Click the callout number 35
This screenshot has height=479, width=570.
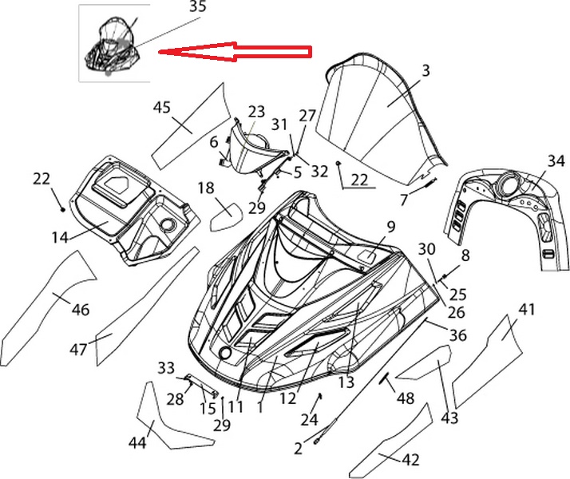point(197,7)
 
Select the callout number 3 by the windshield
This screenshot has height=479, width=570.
point(426,71)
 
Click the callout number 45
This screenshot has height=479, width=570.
point(162,106)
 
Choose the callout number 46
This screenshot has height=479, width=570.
point(81,310)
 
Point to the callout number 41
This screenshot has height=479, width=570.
point(526,310)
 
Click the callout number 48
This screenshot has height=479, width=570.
point(406,397)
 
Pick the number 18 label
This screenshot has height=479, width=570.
point(205,188)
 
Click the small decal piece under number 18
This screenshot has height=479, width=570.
point(226,214)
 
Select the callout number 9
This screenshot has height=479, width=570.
point(391,227)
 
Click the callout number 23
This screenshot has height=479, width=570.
point(255,111)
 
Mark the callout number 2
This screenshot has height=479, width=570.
point(298,449)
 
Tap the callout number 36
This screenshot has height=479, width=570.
point(457,336)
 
